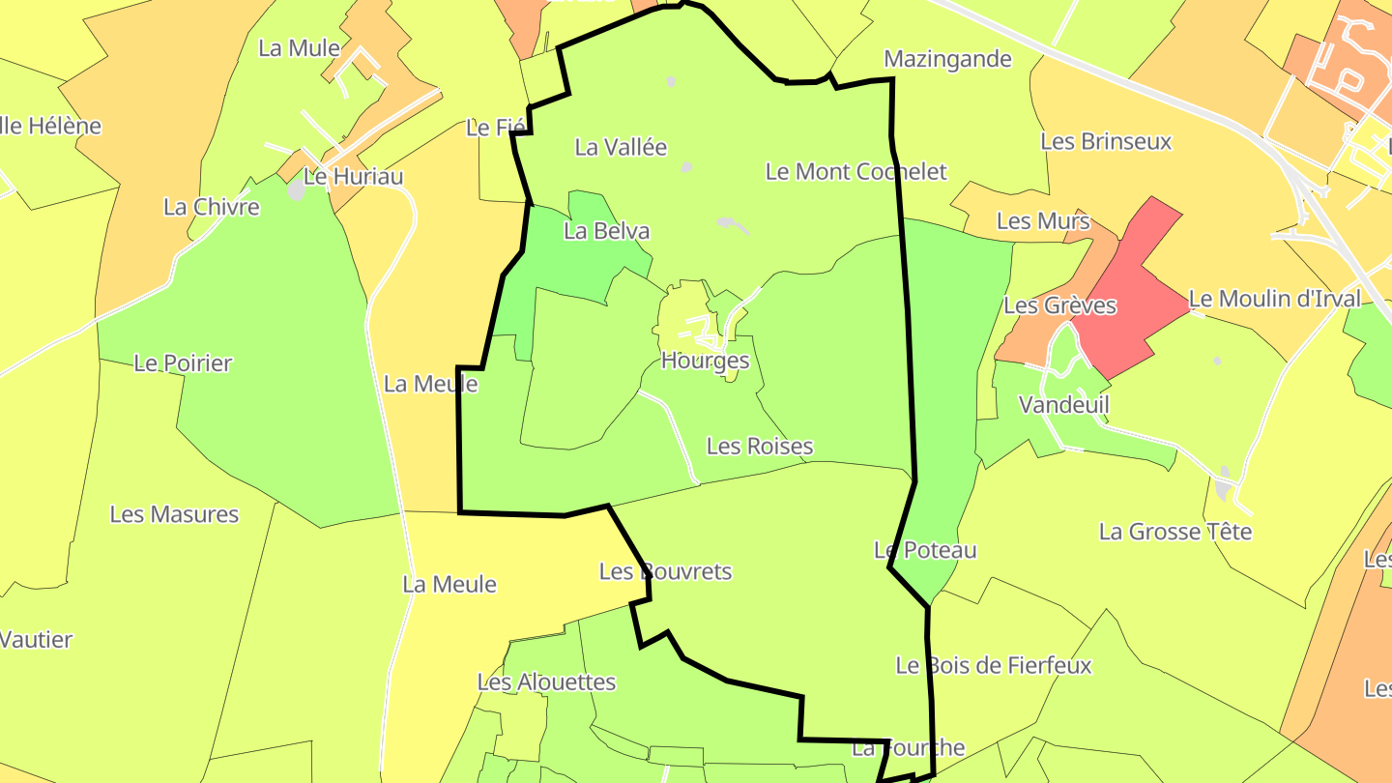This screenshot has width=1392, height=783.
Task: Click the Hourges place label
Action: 705,361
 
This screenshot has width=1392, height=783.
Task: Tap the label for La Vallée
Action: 621,147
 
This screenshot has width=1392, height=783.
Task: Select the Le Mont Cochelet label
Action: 855,172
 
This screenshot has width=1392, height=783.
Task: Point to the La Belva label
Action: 606,231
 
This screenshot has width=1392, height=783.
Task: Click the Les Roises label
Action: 759,446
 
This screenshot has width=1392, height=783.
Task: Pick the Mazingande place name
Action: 947,59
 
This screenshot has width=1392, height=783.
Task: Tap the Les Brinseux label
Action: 1105,141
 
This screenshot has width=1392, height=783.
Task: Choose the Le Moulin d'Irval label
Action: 1274,299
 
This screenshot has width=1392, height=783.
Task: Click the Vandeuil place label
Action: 1063,404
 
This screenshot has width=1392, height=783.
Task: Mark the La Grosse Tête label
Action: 1174,532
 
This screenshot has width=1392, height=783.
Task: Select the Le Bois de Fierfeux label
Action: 993,665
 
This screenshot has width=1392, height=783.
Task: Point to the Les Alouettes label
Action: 546,681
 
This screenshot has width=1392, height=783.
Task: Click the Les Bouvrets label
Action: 665,571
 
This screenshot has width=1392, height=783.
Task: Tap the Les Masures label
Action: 174,513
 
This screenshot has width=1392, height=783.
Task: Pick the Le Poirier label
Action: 183,363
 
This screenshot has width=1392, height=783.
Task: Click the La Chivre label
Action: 212,207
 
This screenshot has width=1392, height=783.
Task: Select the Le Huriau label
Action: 353,177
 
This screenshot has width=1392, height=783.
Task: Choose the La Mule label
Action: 299,48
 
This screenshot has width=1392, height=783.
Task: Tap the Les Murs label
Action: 1042,221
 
